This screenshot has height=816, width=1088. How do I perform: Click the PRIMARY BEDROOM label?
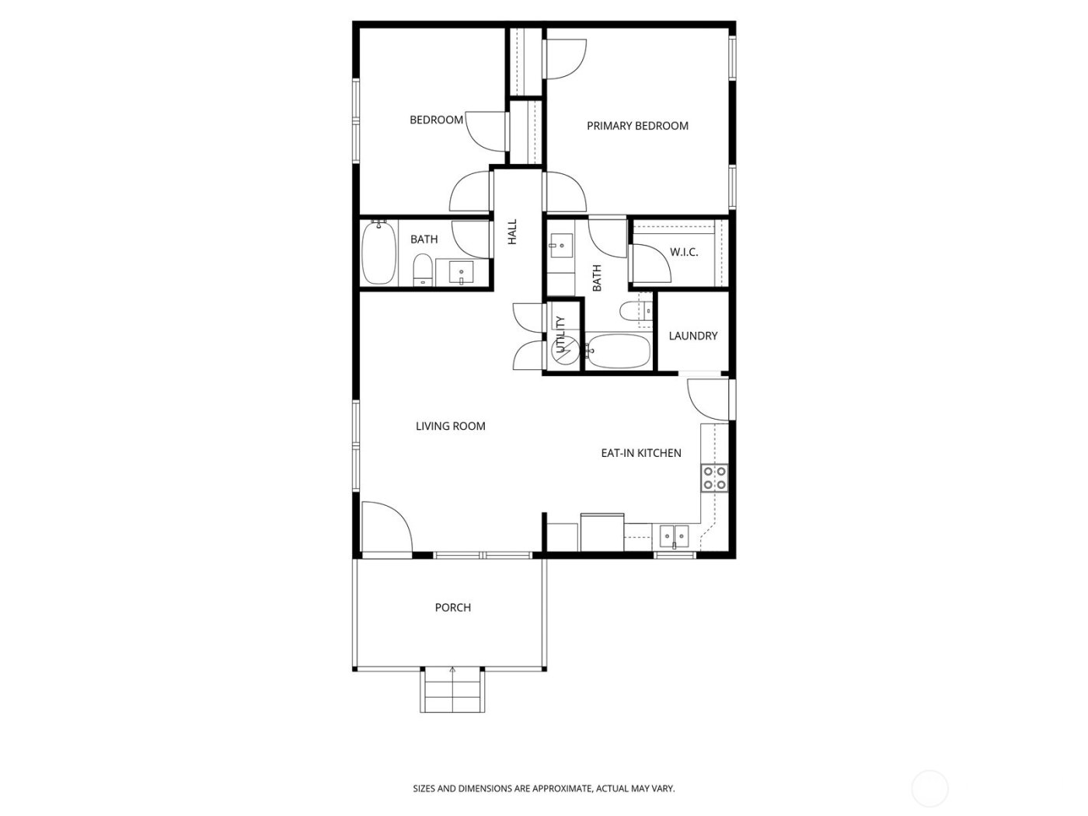pyautogui.click(x=637, y=126)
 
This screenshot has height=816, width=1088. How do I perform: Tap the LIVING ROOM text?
pyautogui.click(x=450, y=426)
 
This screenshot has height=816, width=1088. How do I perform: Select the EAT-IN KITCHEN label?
pyautogui.click(x=641, y=453)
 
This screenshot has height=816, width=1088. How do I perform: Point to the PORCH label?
pyautogui.click(x=452, y=608)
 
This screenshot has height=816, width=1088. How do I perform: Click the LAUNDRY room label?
pyautogui.click(x=692, y=336)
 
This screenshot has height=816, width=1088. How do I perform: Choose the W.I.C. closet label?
pyautogui.click(x=684, y=253)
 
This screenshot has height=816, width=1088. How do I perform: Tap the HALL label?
pyautogui.click(x=512, y=232)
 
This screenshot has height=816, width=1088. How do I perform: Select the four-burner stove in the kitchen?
pyautogui.click(x=714, y=478)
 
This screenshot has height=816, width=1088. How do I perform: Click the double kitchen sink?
pyautogui.click(x=674, y=535)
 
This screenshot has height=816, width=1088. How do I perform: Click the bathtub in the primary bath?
pyautogui.click(x=618, y=351)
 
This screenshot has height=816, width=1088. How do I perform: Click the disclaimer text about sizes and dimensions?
pyautogui.click(x=543, y=789)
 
